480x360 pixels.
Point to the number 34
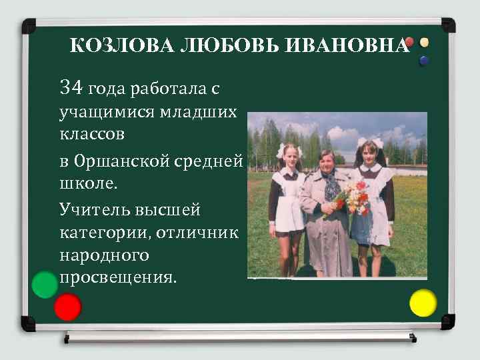tap(71, 87)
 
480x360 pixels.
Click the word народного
tap(104, 255)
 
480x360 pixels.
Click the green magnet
tap(45, 285)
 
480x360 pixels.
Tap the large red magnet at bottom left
tap(67, 307)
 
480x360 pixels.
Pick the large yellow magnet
tap(423, 303)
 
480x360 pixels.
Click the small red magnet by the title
tap(409, 42)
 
